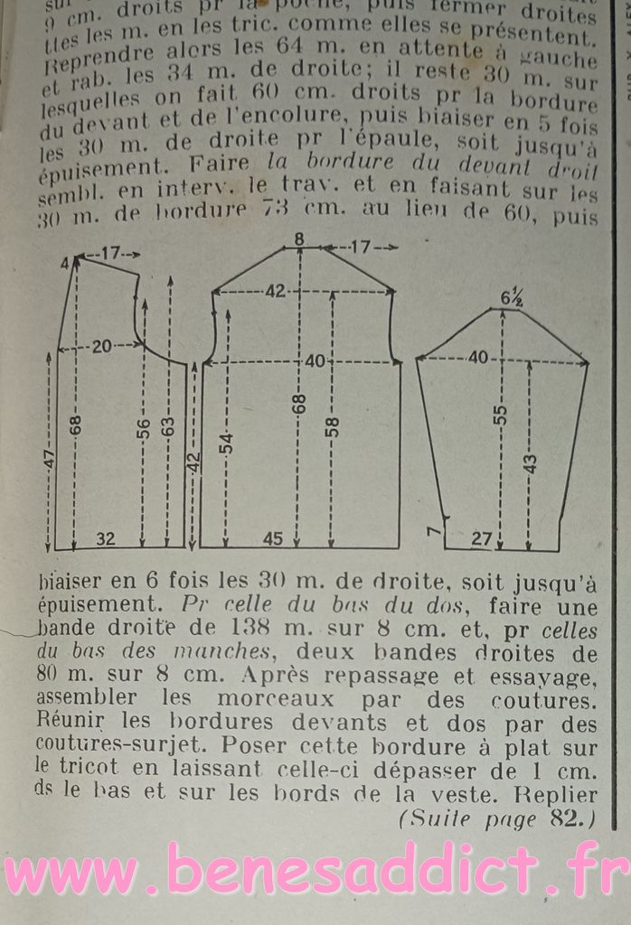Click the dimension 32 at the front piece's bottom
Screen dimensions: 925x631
(106, 539)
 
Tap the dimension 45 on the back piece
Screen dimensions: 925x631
(272, 539)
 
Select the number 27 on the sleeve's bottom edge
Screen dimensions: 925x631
(482, 539)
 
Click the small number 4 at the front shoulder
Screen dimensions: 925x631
(65, 264)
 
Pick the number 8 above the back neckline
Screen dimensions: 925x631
(299, 239)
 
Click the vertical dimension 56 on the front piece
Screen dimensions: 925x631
(143, 428)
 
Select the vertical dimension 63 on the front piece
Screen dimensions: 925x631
(169, 428)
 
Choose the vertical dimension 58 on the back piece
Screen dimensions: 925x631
(332, 425)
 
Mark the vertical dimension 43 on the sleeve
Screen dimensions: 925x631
(531, 463)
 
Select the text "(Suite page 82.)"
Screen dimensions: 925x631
(495, 819)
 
